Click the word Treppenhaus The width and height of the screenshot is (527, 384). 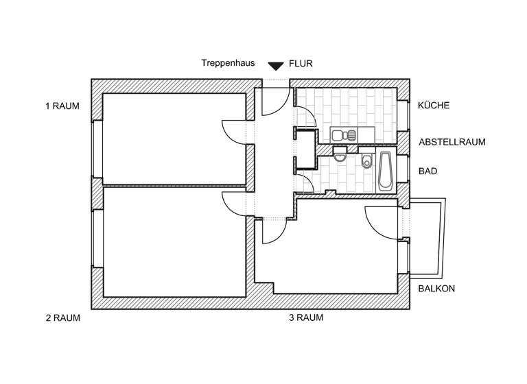pyautogui.click(x=228, y=63)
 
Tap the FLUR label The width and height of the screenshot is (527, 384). pyautogui.click(x=301, y=63)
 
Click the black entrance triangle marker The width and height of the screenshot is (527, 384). pyautogui.click(x=276, y=67)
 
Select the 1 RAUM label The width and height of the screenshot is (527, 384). pyautogui.click(x=62, y=106)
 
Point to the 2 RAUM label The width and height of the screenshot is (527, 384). pyautogui.click(x=63, y=318)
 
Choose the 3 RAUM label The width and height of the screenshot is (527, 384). pyautogui.click(x=306, y=318)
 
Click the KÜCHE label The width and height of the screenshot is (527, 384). pyautogui.click(x=434, y=106)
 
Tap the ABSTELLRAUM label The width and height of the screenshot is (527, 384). pyautogui.click(x=452, y=143)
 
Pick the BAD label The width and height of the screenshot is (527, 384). pyautogui.click(x=428, y=171)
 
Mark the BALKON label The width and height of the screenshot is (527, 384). pyautogui.click(x=436, y=289)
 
